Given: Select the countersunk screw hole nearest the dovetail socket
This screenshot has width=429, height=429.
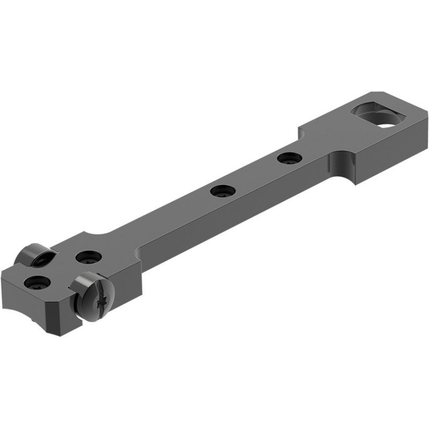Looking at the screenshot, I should [290, 158].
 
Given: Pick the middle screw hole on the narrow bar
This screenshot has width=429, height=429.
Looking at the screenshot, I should [221, 190].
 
